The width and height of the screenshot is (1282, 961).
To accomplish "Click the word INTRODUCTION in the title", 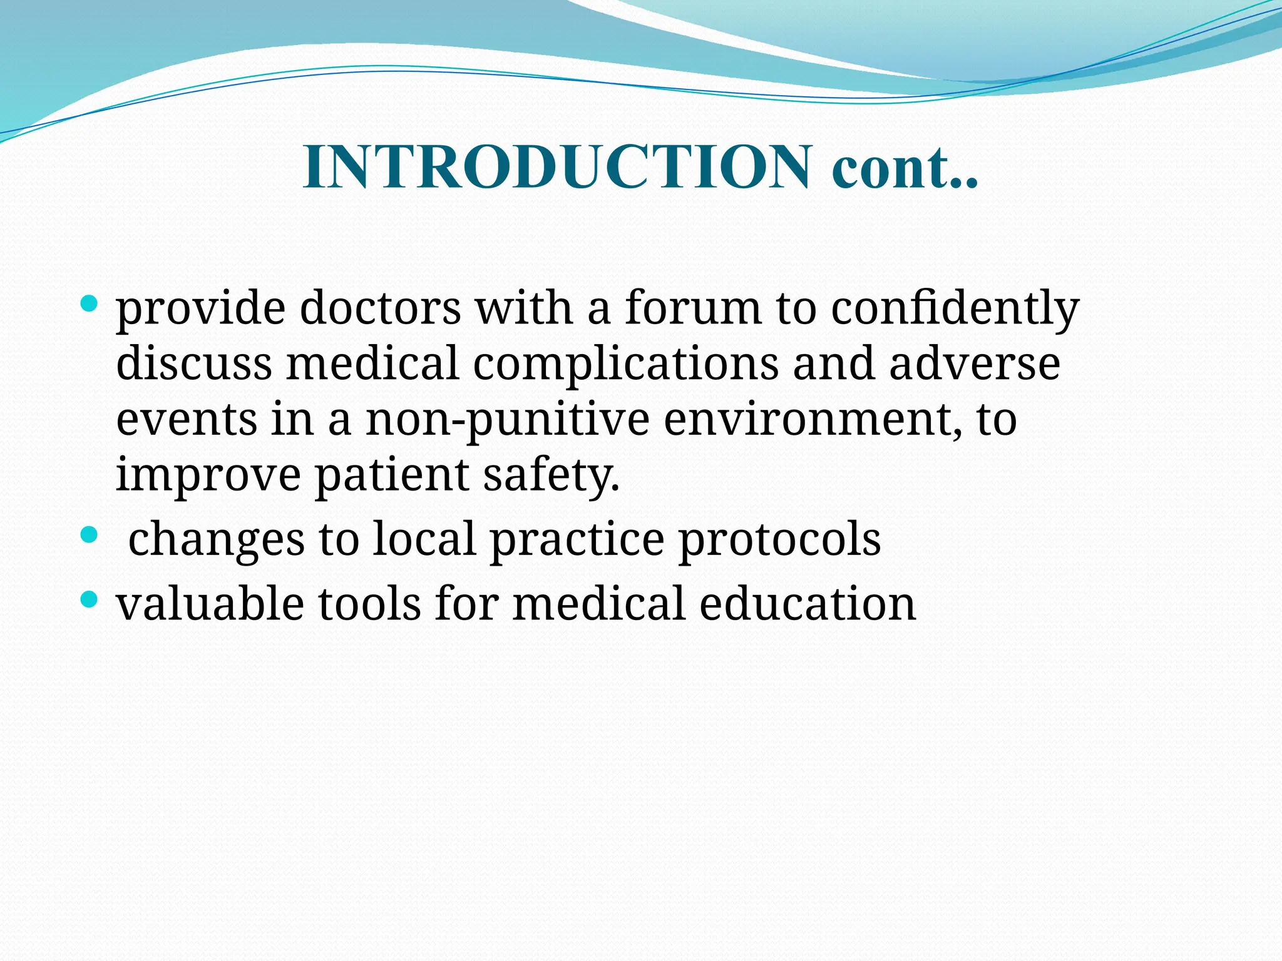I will pos(557,168).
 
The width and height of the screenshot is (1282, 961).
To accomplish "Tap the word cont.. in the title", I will pos(905,168).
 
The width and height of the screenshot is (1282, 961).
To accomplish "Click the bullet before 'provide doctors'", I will pos(90,305).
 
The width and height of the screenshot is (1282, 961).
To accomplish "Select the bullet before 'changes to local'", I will pos(90,534).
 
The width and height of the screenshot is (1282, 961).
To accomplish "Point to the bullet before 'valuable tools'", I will pos(90,600).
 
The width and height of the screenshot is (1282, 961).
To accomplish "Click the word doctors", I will pos(380,308).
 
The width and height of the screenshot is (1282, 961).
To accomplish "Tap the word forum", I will pos(693,308).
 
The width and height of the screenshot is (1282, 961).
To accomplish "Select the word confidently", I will pos(955,308).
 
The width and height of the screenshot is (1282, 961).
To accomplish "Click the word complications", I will pos(625,364).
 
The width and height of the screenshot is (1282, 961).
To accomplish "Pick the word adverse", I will pos(975,364).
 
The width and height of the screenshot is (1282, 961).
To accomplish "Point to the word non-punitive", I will pos(507,420).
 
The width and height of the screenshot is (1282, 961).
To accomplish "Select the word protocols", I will pos(780,539).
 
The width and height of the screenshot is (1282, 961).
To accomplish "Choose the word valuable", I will pos(210,604).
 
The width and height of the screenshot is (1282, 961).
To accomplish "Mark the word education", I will pos(808,604).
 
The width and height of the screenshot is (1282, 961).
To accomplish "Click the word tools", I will pos(369,604).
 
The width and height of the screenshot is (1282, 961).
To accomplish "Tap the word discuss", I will pos(194,364).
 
